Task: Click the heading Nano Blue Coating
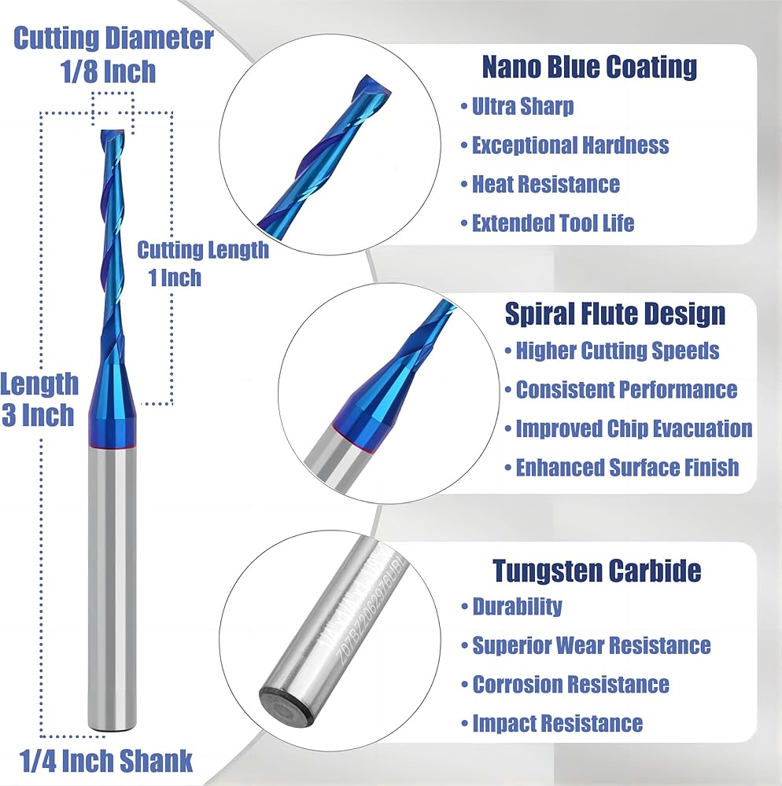click(x=589, y=67)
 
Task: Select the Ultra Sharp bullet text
click(x=522, y=106)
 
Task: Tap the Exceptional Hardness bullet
click(x=570, y=145)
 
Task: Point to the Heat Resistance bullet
click(x=545, y=184)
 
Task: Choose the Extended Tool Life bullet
click(x=552, y=223)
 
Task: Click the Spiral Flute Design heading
click(x=614, y=314)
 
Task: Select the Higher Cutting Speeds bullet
click(x=617, y=351)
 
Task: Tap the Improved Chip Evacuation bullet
click(x=633, y=428)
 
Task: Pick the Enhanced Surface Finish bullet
click(x=627, y=468)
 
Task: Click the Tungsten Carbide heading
click(x=596, y=570)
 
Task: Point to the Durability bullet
click(x=517, y=607)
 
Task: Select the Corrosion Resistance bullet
click(x=570, y=685)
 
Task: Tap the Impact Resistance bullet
click(x=557, y=723)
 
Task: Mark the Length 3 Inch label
click(x=39, y=399)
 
